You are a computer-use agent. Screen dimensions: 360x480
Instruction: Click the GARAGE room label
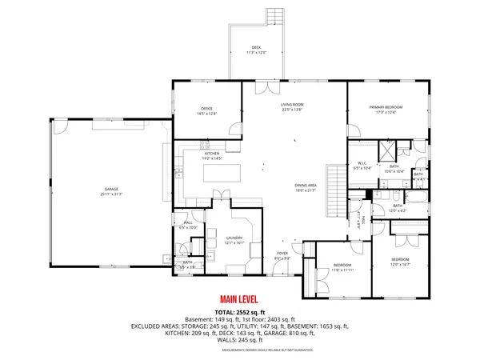pyautogui.click(x=111, y=190)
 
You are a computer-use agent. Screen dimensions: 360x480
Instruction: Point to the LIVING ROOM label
pyautogui.click(x=291, y=106)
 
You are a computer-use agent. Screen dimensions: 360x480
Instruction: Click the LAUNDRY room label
pyautogui.click(x=234, y=239)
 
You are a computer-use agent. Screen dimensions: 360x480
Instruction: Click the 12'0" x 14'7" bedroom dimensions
pyautogui.click(x=400, y=264)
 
